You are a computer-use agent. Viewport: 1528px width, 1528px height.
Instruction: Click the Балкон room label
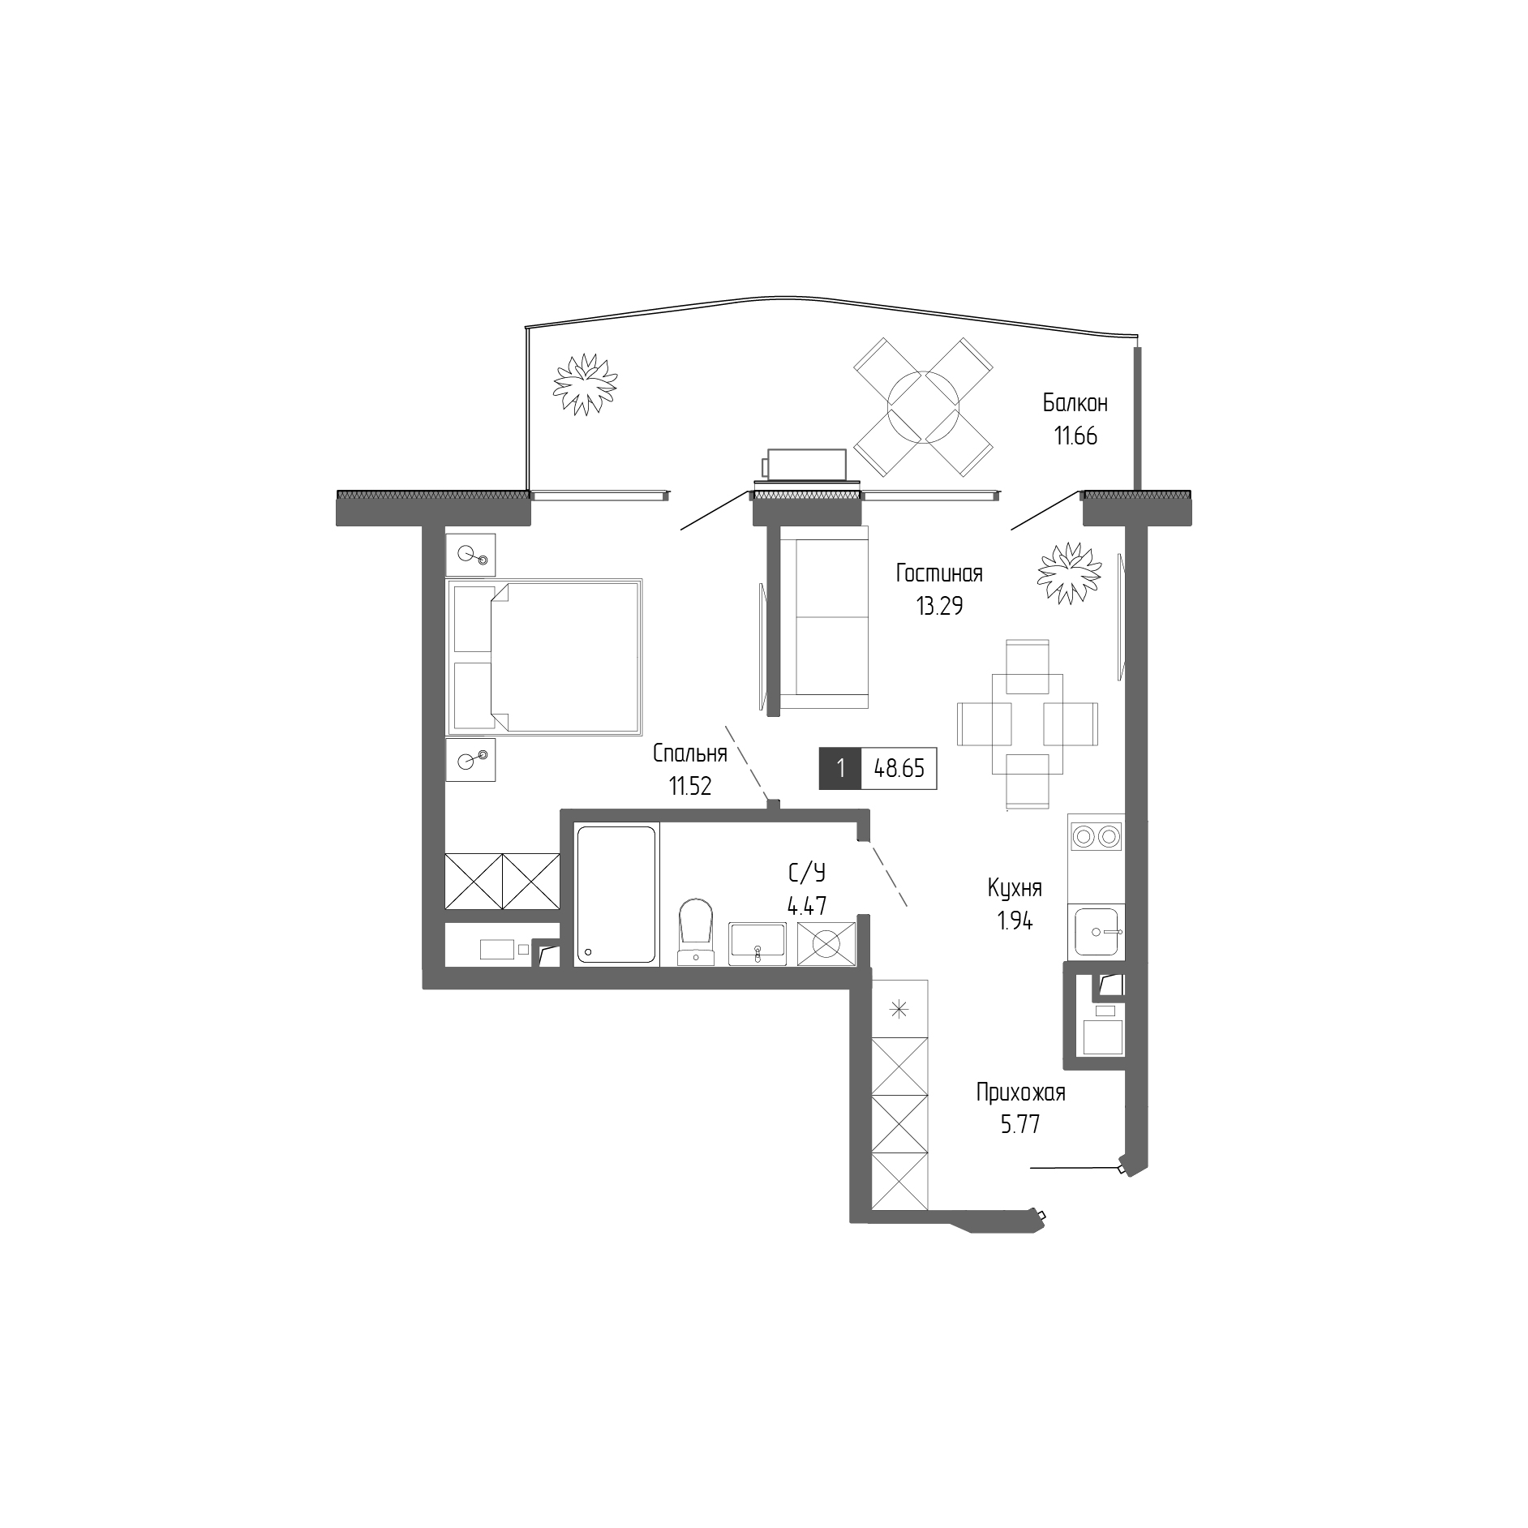pos(1075,403)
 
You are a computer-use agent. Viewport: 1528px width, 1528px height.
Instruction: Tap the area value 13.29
pos(939,605)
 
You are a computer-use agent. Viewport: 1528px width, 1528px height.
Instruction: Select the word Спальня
pos(689,753)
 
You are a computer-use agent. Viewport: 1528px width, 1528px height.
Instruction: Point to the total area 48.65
pos(899,768)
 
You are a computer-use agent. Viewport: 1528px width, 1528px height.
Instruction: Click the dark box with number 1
pos(841,768)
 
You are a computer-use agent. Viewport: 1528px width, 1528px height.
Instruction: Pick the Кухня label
pos(1015,888)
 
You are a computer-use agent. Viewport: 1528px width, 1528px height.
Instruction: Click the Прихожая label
pos(1020,1093)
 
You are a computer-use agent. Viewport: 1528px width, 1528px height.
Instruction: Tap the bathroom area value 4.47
pos(807,905)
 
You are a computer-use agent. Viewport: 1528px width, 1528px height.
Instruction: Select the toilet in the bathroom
pos(695,930)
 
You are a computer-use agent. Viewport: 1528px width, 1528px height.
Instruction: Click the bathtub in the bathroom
pos(616,894)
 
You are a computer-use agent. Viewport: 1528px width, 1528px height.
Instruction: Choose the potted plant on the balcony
pos(584,383)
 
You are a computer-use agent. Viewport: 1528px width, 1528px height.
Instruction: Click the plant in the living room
pos(1070,573)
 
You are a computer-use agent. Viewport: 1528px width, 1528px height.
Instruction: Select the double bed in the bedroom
pos(544,656)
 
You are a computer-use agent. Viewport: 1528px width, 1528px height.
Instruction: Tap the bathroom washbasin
pos(758,942)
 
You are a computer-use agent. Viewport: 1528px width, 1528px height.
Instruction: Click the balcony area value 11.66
pos(1075,436)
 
